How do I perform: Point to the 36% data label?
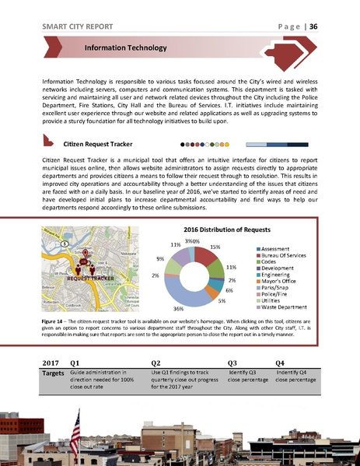point(178,309)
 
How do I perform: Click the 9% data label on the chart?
point(159,259)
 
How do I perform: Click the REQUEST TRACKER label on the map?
point(91,278)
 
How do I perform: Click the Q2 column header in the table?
point(156,363)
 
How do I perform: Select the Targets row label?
point(51,374)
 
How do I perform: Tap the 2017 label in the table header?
point(50,363)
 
